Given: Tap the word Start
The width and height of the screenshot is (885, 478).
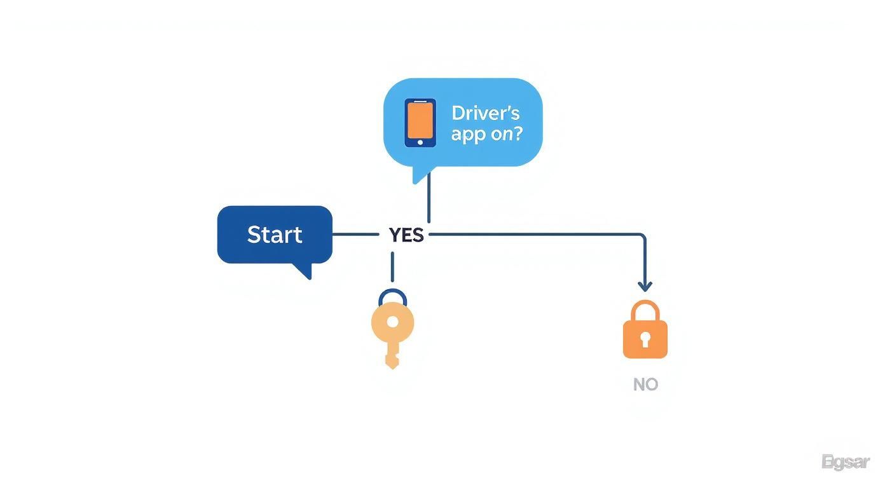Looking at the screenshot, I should tap(275, 235).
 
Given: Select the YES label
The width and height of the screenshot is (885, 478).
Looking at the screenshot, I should tap(406, 235).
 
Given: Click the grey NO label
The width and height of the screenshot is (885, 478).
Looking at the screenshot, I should tap(645, 385).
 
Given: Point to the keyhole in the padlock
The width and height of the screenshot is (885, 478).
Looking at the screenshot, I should tap(645, 339).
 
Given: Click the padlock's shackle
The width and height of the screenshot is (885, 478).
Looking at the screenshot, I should tap(645, 310).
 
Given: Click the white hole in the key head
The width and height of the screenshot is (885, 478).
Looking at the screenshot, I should tap(392, 322).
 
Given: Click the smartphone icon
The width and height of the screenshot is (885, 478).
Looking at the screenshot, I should tap(420, 123).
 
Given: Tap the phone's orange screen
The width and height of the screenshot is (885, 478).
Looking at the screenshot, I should tap(420, 119).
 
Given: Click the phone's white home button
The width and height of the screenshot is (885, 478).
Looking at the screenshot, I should tap(420, 142).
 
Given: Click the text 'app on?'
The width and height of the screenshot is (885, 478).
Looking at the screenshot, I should tap(486, 135).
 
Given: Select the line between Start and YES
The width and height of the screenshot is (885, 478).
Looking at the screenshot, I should tap(356, 235).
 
